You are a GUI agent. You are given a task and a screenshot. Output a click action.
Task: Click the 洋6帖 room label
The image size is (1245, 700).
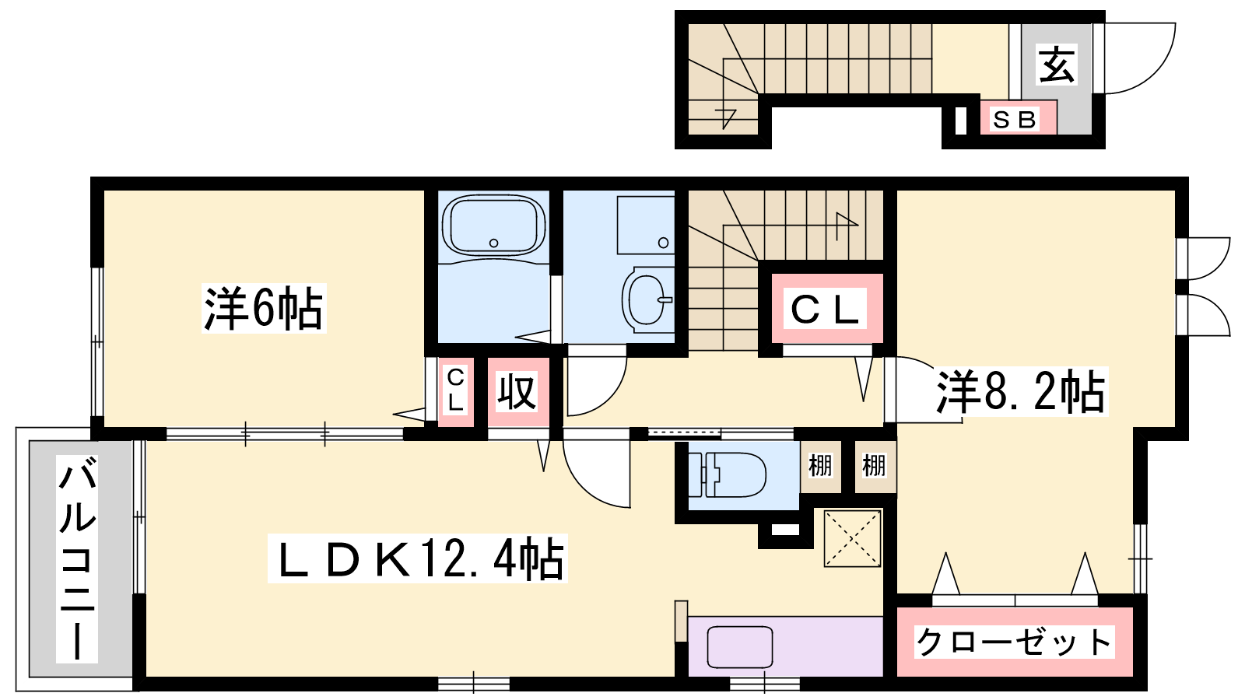pos(264,308)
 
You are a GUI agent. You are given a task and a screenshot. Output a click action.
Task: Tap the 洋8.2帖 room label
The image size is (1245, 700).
pos(1022,392)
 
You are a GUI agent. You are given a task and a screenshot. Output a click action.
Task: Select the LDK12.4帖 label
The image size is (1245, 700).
pos(417,558)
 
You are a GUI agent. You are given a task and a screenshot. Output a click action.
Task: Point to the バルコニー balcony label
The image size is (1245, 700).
pos(77,558)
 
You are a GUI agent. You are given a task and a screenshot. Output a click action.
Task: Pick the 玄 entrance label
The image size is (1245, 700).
pos(1056,65)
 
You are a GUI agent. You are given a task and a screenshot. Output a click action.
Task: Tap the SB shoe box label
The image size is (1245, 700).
pos(1015,120)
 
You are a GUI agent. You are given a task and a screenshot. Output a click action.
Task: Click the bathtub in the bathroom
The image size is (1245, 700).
pos(493,226)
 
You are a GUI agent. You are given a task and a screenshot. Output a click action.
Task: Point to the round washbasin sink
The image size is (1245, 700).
pos(647,299)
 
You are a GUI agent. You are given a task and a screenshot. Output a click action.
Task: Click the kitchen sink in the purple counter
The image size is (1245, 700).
pos(740,646)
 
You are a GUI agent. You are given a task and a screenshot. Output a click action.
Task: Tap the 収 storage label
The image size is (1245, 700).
pos(517,392)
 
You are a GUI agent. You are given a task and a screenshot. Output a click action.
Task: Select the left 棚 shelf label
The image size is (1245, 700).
pos(820,466)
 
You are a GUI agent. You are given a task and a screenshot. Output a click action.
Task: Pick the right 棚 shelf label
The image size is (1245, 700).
pos(875,466)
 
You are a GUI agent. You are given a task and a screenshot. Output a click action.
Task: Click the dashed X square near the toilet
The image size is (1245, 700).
pos(853,538)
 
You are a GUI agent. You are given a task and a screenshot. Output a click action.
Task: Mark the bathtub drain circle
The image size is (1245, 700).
pos(493,243)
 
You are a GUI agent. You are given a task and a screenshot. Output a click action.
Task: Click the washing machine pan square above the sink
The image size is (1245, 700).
pos(646,225)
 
